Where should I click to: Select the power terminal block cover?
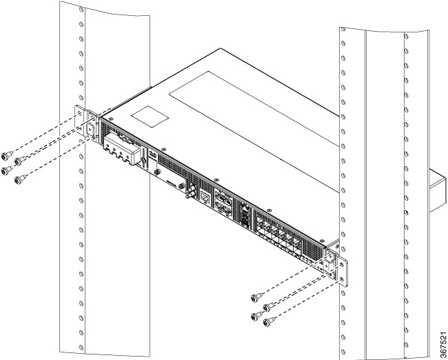[x=121, y=149]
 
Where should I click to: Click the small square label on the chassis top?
[x=150, y=117]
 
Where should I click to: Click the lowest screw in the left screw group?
[x=19, y=180]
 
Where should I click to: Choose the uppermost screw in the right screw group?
[x=254, y=298]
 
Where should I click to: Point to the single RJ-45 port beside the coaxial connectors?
[x=205, y=197]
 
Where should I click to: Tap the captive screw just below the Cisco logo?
[x=156, y=172]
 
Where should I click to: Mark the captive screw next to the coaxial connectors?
[x=181, y=186]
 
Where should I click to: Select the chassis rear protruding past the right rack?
[x=438, y=190]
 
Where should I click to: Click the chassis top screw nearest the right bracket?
[x=322, y=241]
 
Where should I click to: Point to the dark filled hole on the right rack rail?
[x=406, y=212]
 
